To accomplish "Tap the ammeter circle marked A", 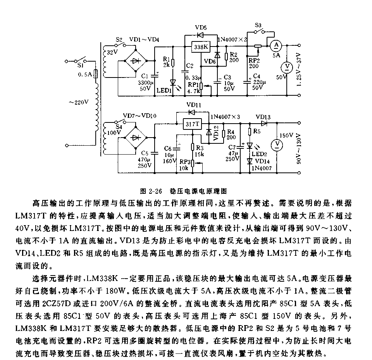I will pos(275,45).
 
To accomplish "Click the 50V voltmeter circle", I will pos(287,67).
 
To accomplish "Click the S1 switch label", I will pos(82,65).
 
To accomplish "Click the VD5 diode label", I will pos(201,28).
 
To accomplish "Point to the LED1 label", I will pos(164,90).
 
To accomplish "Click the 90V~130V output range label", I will pos(298,149).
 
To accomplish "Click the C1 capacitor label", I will pos(145,76).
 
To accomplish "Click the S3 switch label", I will pos(258,26).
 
